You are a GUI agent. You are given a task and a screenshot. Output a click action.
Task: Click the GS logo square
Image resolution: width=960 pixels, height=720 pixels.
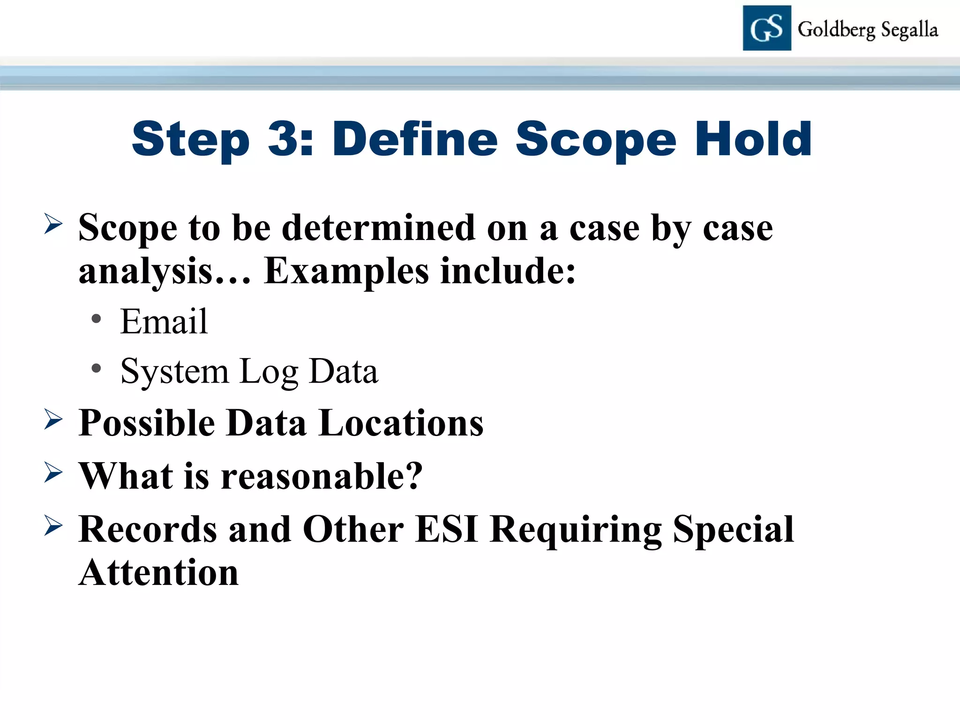click(x=766, y=28)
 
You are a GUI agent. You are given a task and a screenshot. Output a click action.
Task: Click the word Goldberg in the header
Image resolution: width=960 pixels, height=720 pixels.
click(x=836, y=30)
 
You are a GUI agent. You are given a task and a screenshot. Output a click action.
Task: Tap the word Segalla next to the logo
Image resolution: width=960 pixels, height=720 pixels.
click(x=909, y=30)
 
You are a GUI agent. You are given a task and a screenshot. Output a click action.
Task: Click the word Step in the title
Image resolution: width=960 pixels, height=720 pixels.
click(x=190, y=139)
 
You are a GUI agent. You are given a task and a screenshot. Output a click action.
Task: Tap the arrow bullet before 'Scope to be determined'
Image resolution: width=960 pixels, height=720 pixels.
click(x=53, y=224)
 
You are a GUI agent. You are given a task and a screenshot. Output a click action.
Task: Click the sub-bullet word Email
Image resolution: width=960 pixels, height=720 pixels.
click(x=164, y=322)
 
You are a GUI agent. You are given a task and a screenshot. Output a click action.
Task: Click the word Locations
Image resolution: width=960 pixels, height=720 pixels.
click(x=400, y=423)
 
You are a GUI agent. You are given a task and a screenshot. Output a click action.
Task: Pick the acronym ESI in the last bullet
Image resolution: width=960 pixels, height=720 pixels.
click(x=446, y=529)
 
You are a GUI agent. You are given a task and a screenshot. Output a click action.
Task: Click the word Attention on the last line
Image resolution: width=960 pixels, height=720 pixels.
click(x=158, y=573)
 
